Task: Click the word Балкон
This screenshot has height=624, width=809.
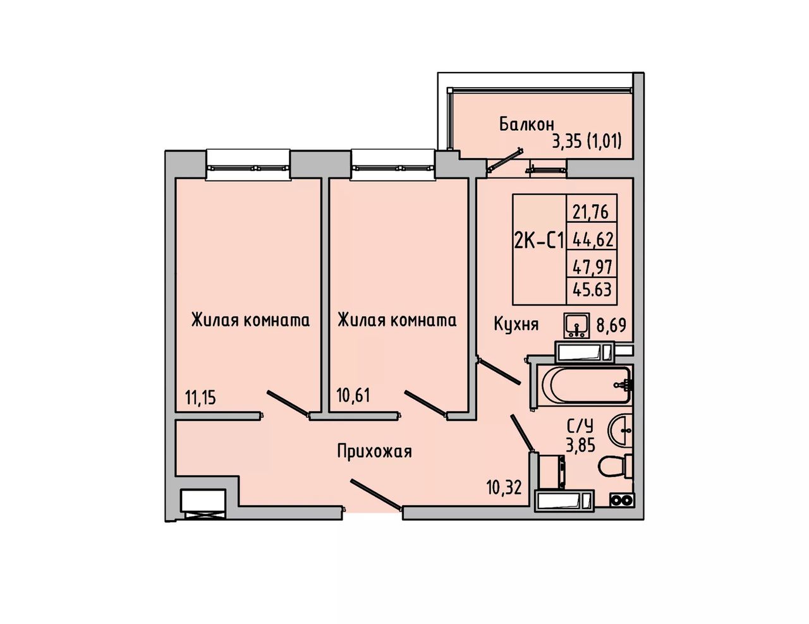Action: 526,124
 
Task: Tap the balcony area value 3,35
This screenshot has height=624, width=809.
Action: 566,141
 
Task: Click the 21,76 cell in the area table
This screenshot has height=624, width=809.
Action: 591,212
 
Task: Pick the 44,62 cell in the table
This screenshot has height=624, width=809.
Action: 591,240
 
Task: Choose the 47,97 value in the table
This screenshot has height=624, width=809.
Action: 591,267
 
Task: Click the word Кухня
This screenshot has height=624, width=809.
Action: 516,324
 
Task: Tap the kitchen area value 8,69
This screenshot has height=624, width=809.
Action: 612,324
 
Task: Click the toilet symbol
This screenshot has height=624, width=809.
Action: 616,467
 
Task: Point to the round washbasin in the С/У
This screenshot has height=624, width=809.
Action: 620,430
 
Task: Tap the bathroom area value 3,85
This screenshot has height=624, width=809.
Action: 580,445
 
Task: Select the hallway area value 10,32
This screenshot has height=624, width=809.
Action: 504,486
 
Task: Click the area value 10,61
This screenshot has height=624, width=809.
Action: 354,395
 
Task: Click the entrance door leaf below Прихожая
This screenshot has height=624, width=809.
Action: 376,494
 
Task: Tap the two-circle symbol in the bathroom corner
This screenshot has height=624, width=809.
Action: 622,501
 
